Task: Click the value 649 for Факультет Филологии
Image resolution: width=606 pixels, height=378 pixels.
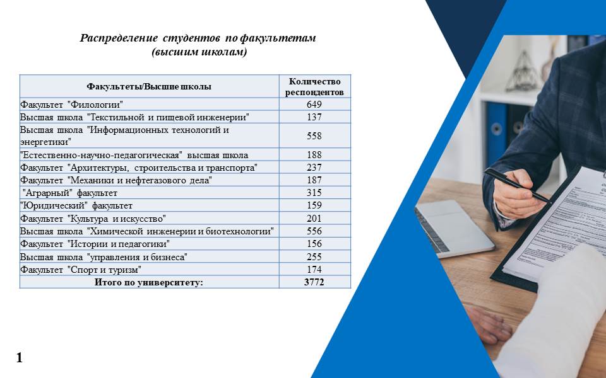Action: tap(314, 104)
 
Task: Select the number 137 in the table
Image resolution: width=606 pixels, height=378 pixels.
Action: tap(314, 117)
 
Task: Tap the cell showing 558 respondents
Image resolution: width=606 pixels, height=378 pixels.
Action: tap(314, 136)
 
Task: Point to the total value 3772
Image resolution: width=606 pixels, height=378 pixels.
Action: tap(314, 282)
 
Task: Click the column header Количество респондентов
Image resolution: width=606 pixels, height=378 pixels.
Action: tap(314, 87)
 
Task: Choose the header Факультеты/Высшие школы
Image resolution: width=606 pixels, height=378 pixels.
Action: tap(149, 86)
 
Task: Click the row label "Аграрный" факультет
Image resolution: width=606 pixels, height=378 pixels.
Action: tap(69, 193)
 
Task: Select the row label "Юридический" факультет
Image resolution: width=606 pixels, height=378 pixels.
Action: tap(76, 205)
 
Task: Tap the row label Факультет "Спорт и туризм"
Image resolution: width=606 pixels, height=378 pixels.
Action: tap(81, 269)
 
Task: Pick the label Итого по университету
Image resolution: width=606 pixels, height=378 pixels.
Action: tap(149, 282)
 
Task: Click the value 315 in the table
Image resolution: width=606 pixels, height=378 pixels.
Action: tap(314, 193)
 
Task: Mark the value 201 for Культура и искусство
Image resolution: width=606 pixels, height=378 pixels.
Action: tap(314, 219)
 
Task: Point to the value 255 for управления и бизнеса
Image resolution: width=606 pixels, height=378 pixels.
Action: tap(314, 256)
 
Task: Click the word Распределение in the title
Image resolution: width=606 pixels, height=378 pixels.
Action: tap(119, 38)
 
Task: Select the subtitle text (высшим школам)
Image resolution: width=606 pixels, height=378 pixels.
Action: tap(199, 52)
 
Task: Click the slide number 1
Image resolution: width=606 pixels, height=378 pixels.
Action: tap(20, 358)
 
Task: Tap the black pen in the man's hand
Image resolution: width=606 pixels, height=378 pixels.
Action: tap(516, 185)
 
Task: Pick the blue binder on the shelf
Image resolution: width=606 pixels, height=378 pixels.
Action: tap(496, 134)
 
